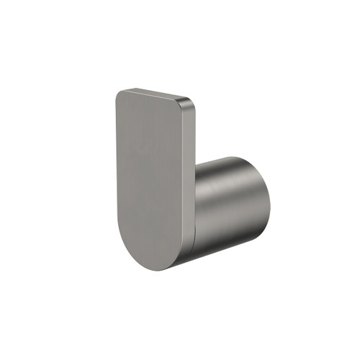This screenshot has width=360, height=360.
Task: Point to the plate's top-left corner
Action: point(117,92)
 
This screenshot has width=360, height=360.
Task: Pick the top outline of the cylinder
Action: point(227,158)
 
